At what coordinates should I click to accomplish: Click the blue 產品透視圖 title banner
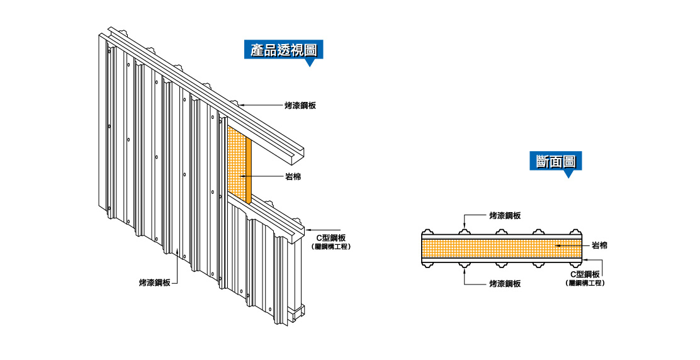tap(283, 50)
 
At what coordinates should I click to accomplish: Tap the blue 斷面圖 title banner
tap(555, 161)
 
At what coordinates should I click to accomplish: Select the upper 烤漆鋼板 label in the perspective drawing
tap(300, 105)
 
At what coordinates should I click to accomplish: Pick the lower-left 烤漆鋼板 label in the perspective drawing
tap(154, 283)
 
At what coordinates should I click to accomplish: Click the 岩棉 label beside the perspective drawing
tap(293, 177)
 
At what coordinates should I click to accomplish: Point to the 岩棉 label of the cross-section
tap(600, 245)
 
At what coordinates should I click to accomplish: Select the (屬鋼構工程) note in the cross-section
tap(586, 283)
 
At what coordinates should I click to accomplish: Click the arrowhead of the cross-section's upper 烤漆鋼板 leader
tap(465, 228)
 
